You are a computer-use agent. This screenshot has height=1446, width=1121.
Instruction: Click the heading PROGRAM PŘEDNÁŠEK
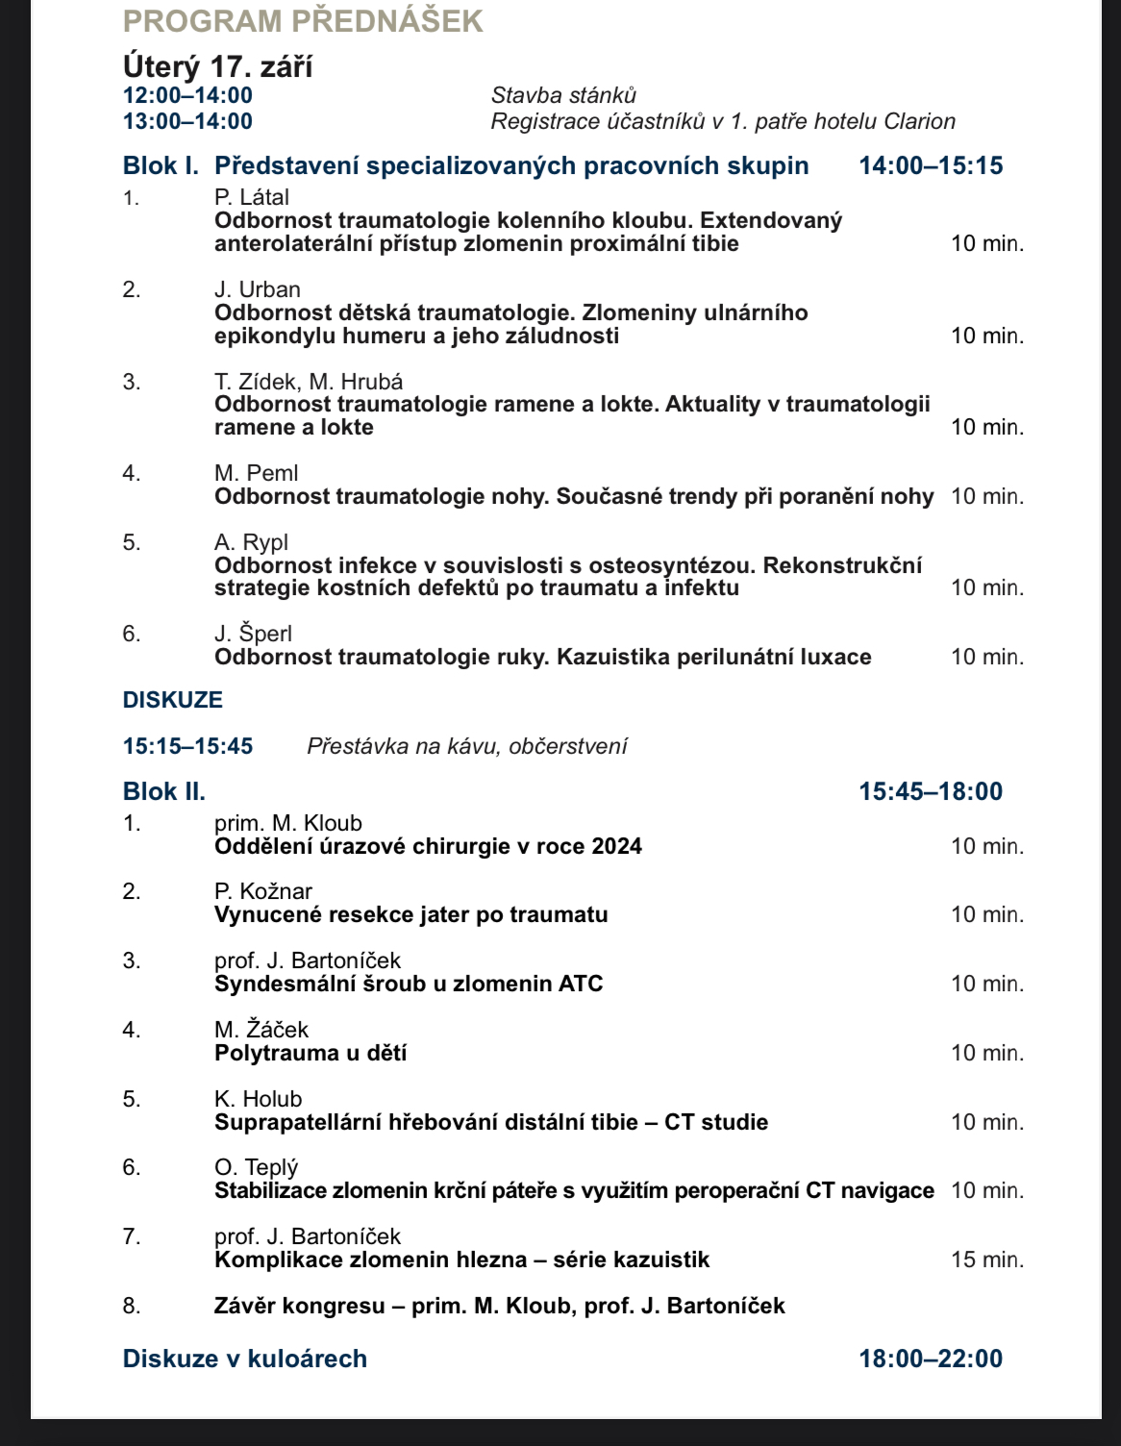(x=303, y=21)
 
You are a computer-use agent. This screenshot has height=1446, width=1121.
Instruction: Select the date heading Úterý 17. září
(x=217, y=66)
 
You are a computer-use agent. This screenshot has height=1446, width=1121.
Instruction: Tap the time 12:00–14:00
(x=187, y=95)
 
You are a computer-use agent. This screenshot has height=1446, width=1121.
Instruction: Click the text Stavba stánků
(x=563, y=95)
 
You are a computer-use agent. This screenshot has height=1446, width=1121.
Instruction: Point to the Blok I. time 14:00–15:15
(x=931, y=165)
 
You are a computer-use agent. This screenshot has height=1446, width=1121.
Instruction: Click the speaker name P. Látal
(x=251, y=197)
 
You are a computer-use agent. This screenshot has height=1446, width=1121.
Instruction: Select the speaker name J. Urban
(x=257, y=289)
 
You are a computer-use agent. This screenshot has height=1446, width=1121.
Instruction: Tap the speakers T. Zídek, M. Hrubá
(x=309, y=382)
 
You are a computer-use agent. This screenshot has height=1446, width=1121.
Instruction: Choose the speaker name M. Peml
(x=256, y=473)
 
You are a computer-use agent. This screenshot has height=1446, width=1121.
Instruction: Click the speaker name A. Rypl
(x=251, y=542)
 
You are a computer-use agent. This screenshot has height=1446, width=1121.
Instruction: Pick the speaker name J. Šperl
(x=253, y=634)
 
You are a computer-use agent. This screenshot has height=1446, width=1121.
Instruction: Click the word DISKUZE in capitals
(x=173, y=700)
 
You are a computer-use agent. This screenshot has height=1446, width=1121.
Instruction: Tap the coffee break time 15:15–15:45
(x=187, y=746)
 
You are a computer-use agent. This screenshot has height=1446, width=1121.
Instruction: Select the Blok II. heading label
(x=164, y=791)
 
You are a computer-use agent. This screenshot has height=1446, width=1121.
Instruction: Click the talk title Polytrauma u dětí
(x=311, y=1053)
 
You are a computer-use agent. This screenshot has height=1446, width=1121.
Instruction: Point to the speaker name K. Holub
(x=258, y=1099)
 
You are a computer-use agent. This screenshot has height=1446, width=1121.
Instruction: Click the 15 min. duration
(x=987, y=1259)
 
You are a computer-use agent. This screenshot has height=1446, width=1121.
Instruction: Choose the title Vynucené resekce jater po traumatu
(x=411, y=914)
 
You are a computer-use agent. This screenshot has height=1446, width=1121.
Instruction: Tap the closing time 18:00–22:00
(x=931, y=1359)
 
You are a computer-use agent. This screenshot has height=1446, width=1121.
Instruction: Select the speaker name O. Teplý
(x=256, y=1167)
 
